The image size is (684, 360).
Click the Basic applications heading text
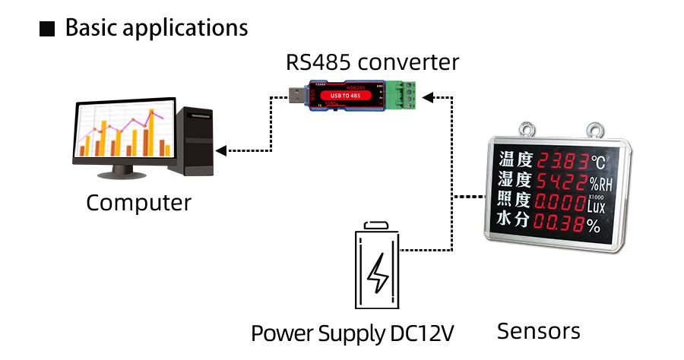click(x=157, y=28)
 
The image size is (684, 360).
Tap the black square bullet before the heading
click(x=47, y=30)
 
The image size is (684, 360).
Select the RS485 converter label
click(x=372, y=62)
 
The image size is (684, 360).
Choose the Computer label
click(x=138, y=203)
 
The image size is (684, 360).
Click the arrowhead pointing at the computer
click(x=220, y=150)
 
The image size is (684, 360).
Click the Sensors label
click(x=538, y=331)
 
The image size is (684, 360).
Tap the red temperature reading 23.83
click(x=562, y=161)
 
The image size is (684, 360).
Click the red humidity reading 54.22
click(x=562, y=182)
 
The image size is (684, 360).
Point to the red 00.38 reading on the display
click(x=558, y=223)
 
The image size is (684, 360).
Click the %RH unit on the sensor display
click(x=600, y=185)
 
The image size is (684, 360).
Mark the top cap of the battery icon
click(x=376, y=225)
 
